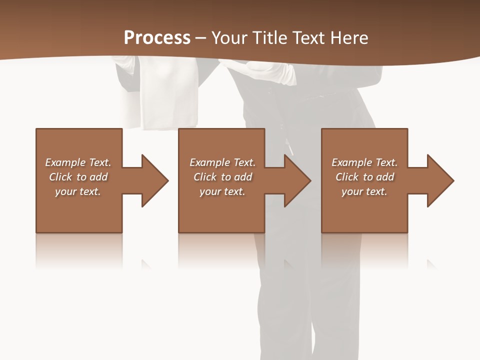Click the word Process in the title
[x=157, y=38]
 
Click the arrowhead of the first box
[x=154, y=180]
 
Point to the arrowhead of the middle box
[x=297, y=180]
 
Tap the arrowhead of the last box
[x=440, y=180]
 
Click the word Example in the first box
[x=65, y=162]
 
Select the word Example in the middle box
[x=209, y=162]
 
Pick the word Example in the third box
[x=351, y=162]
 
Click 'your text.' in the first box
[x=78, y=191]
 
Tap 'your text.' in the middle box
[x=222, y=191]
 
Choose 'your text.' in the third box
[x=364, y=191]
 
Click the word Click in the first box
[x=60, y=177]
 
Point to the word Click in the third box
[x=347, y=177]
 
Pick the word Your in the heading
[x=229, y=38]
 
